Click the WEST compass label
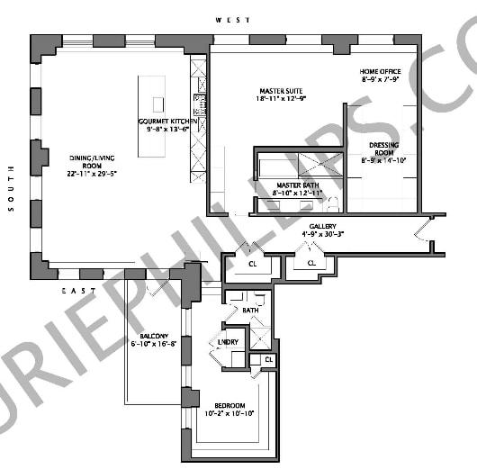[x=227, y=19]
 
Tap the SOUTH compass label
[x=11, y=188]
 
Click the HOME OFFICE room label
[x=381, y=72]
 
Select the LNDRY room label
[x=228, y=342]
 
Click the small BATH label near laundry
[x=250, y=310]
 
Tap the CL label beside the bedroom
[x=267, y=360]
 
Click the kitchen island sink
[x=158, y=104]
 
